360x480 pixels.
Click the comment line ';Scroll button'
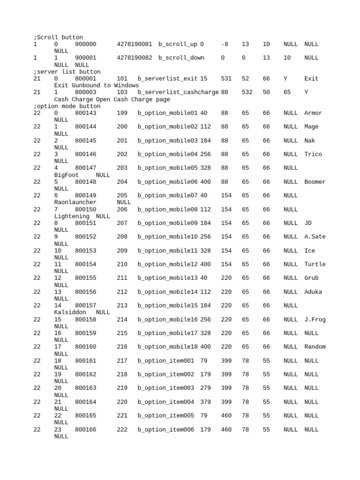pos(58,37)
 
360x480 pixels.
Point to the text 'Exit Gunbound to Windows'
pos(97,85)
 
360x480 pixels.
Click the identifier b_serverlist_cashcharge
pos(178,92)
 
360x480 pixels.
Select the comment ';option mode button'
pos(67,106)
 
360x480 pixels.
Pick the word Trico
pos(313,154)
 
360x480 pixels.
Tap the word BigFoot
pos(67,175)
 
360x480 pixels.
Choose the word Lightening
pos(72,216)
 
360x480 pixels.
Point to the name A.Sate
pos(315,237)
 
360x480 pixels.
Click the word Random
pos(315,347)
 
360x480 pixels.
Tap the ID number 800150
pos(85,209)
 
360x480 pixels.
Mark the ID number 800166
pos(85,429)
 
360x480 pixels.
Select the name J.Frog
pos(315,319)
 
